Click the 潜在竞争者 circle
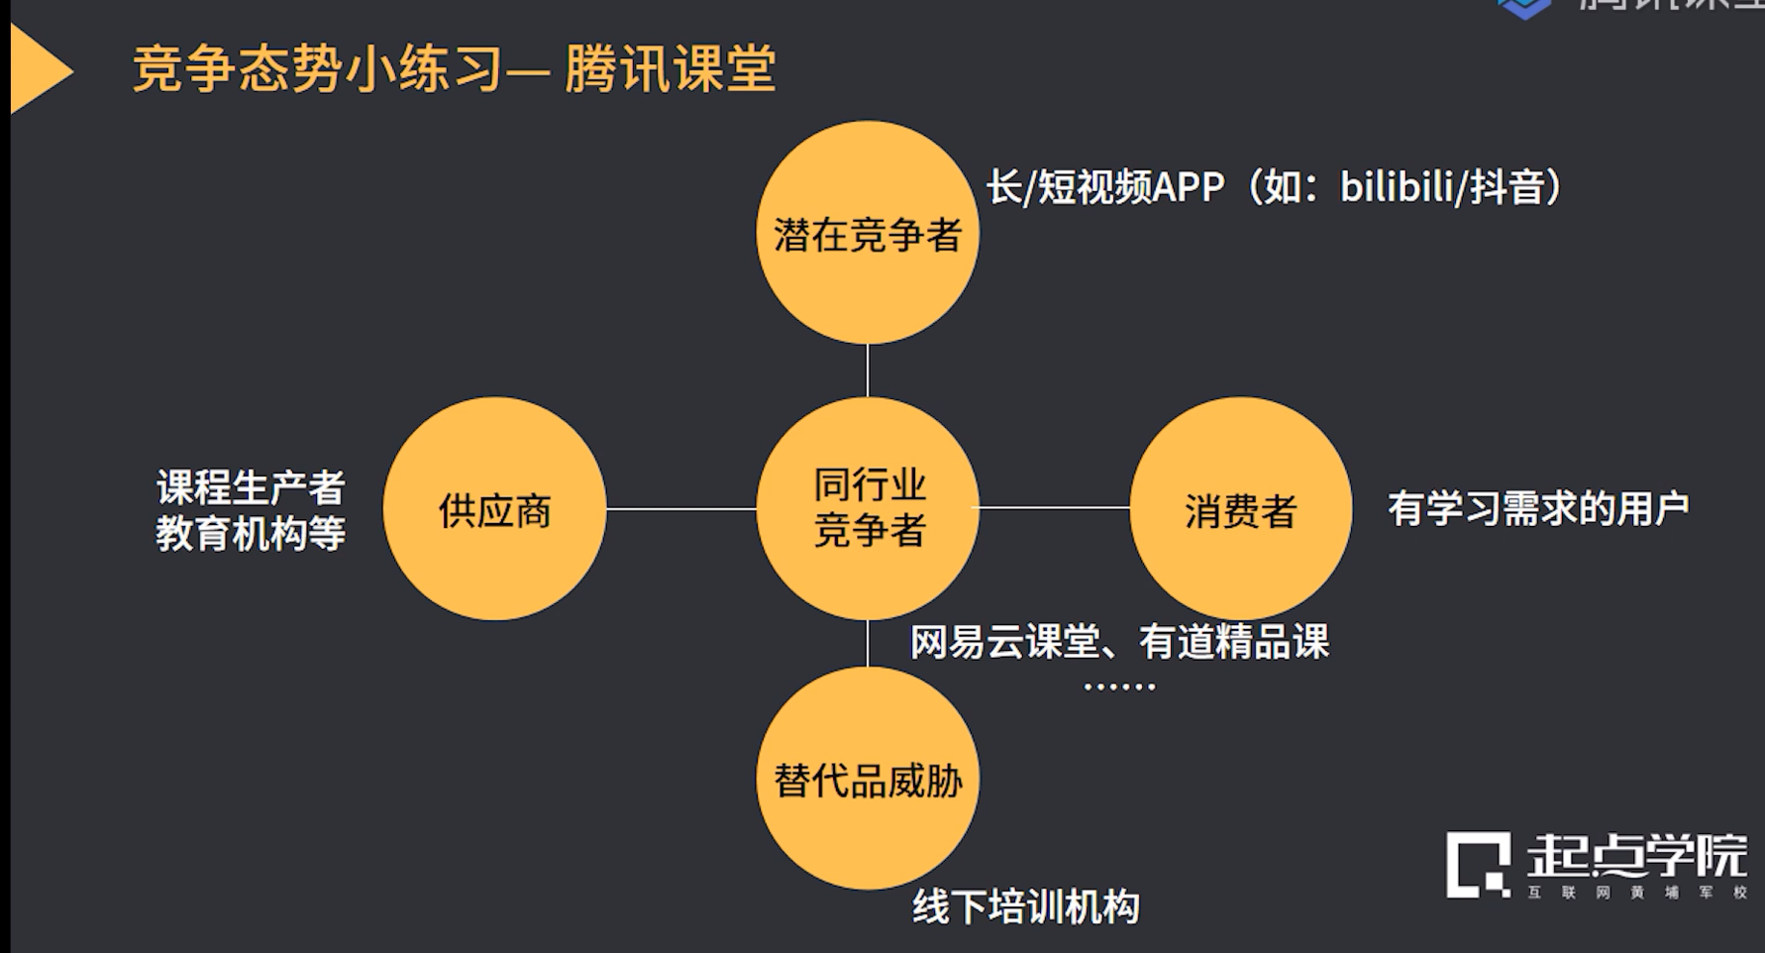(867, 234)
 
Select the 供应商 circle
(494, 509)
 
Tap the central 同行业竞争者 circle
(867, 508)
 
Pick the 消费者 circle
(1240, 509)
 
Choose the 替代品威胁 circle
(867, 780)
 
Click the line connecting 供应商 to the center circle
(680, 509)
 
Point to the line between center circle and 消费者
(1054, 507)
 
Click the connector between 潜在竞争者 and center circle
(868, 370)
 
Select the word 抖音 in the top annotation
(1506, 186)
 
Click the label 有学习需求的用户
(1537, 509)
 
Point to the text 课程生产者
(251, 487)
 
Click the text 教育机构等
(251, 533)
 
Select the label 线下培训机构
(1025, 906)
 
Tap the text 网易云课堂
(1004, 642)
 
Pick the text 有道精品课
(1233, 642)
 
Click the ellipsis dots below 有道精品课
(1119, 686)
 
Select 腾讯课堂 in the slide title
(670, 69)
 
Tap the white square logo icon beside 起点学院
(1478, 864)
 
